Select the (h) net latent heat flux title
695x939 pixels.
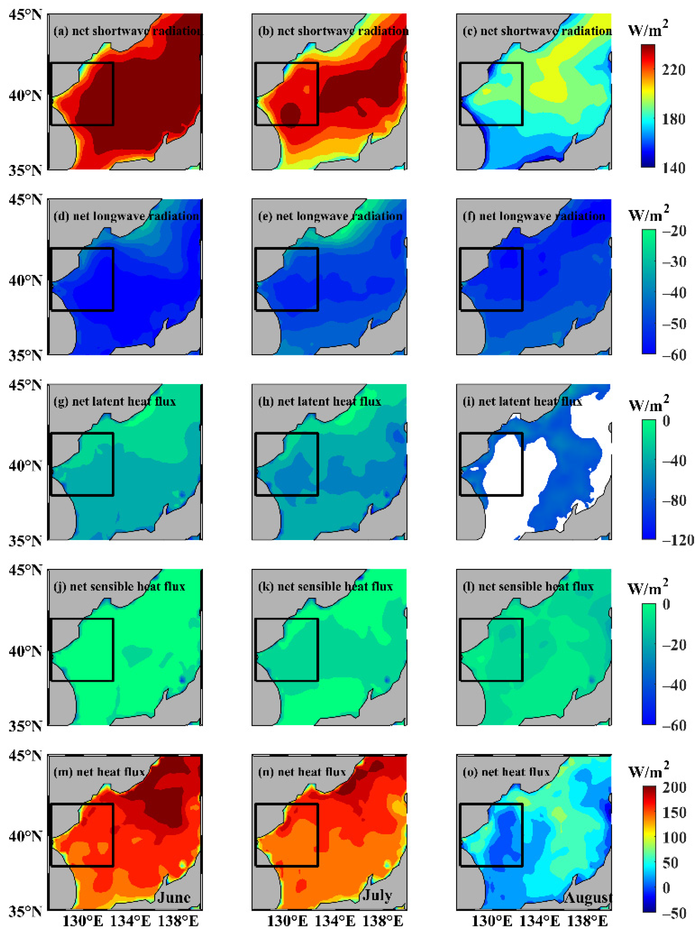[x=320, y=402]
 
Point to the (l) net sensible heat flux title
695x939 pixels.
[x=528, y=587]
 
